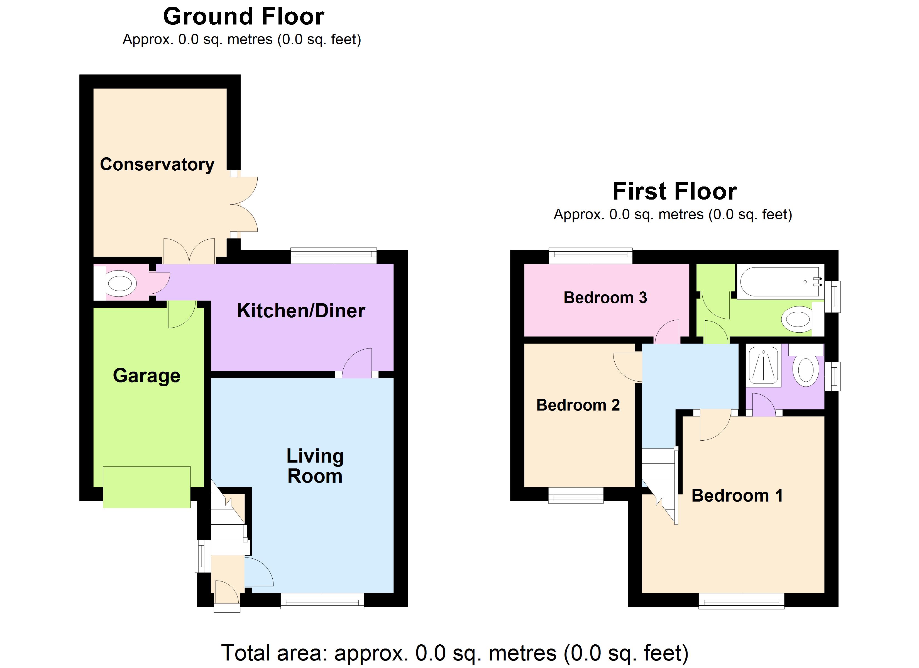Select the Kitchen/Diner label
(x=301, y=311)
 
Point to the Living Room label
(x=315, y=466)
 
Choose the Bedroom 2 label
(x=578, y=405)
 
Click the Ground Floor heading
(x=243, y=17)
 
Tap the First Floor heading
(x=674, y=191)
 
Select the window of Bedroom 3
(x=590, y=255)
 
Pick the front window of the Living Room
(x=322, y=601)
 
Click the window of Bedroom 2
(x=576, y=495)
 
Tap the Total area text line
(x=454, y=653)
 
